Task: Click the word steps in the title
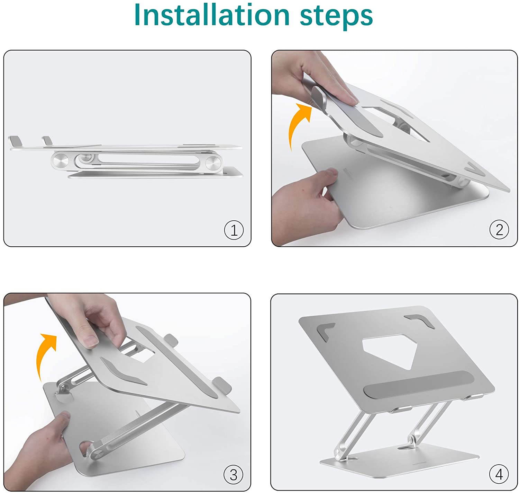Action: click(336, 17)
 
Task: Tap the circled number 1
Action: click(234, 230)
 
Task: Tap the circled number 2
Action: click(499, 229)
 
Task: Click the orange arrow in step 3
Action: click(45, 354)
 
